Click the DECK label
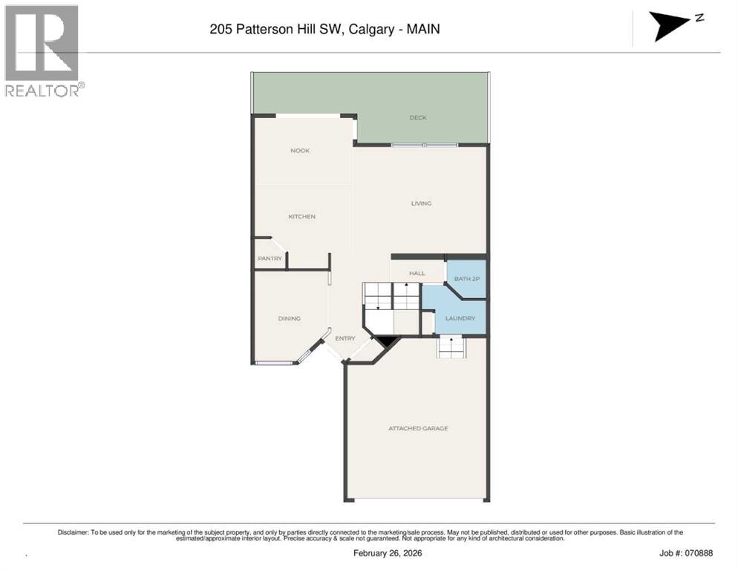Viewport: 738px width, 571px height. (418, 117)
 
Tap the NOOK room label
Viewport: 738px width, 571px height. (300, 151)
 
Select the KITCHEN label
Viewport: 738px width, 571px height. (302, 216)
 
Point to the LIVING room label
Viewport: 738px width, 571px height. (421, 203)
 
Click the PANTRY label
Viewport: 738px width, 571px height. (270, 259)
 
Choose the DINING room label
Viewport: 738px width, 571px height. (289, 318)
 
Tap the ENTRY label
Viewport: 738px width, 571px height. (344, 338)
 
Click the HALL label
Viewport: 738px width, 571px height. (417, 273)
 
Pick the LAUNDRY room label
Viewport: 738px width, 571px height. (460, 318)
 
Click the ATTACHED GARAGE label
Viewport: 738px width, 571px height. (418, 428)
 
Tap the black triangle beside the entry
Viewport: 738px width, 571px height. (387, 341)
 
